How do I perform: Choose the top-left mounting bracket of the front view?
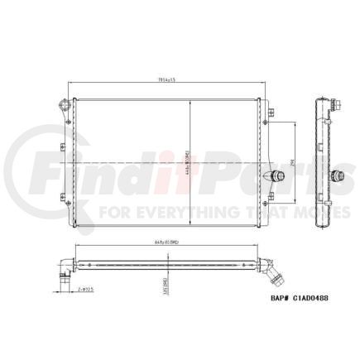click(61, 105)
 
